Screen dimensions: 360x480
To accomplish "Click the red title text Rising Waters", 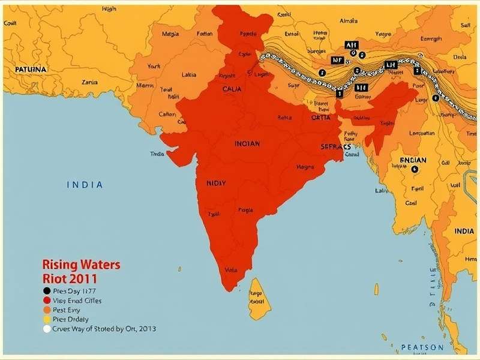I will click(x=81, y=265).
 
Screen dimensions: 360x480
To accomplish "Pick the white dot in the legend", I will click(x=47, y=329).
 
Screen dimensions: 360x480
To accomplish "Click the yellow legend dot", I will click(x=47, y=319).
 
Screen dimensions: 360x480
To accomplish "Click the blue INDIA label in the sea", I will click(x=84, y=185).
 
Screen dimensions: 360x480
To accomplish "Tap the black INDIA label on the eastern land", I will click(x=464, y=231).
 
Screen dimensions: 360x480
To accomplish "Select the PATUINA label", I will click(x=30, y=70).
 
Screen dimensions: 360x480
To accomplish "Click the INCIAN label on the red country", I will click(x=247, y=144).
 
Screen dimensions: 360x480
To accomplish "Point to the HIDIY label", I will click(x=216, y=183).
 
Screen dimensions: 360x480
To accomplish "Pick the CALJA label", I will click(x=232, y=89).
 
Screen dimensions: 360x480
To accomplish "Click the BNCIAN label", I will click(x=413, y=160).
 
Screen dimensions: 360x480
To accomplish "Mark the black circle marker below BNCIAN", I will click(x=415, y=170).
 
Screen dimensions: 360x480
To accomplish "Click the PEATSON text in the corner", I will click(x=422, y=347).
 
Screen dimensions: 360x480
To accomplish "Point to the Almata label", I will click(x=348, y=21).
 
